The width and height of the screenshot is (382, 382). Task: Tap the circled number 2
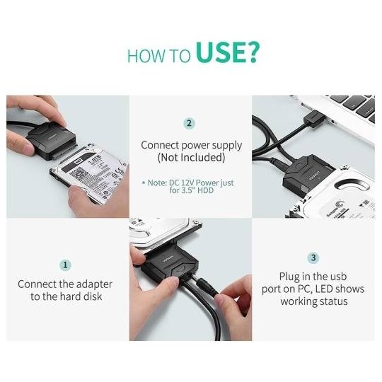click(x=190, y=123)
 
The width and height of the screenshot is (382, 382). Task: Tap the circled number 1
click(x=66, y=265)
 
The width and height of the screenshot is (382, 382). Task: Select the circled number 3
click(x=313, y=258)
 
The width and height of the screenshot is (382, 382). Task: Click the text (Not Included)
click(x=192, y=157)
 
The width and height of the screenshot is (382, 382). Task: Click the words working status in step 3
click(x=313, y=301)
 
